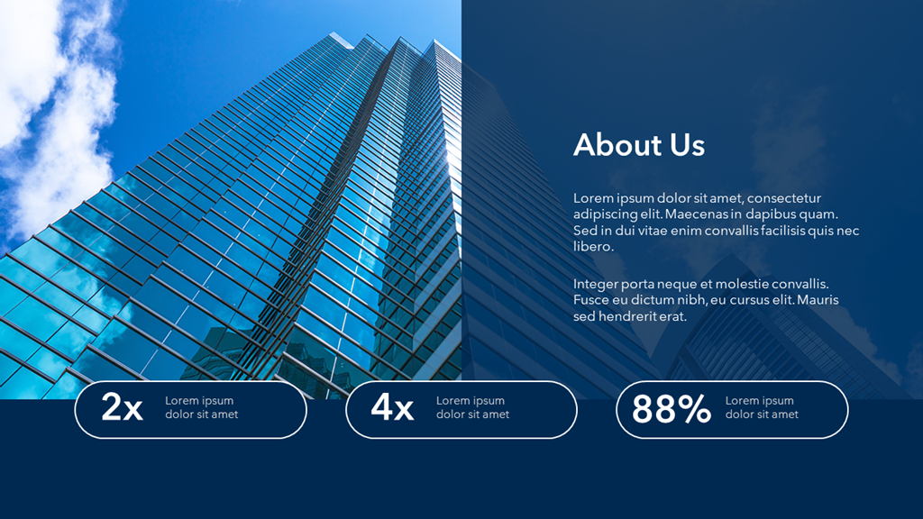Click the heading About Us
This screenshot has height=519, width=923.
point(638,145)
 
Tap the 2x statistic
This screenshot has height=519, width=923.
point(122,408)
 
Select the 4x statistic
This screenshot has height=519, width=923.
point(392,408)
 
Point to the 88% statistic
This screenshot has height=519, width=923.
point(672,409)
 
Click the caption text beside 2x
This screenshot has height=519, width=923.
point(201,407)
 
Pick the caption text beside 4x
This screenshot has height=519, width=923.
point(472,407)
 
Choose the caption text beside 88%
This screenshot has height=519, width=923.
point(762,407)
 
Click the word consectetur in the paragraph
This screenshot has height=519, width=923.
point(784,198)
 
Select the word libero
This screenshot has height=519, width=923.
point(593,247)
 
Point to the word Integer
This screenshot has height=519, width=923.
point(595,285)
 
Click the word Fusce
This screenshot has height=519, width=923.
point(590,301)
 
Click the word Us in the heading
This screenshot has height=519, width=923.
point(687,145)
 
